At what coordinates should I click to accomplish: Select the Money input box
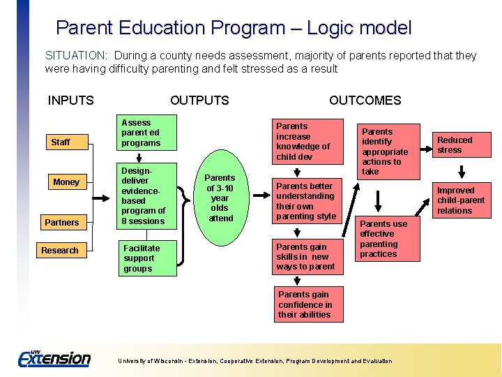pos(66,182)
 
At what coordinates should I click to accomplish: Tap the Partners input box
pos(62,222)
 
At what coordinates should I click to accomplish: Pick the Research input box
pos(60,250)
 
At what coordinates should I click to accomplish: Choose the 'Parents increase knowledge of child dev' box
pos(307,142)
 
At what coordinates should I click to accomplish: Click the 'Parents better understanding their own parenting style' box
pos(307,201)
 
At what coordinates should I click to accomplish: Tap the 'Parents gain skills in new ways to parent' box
pos(307,256)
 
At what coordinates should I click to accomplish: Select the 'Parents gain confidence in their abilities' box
pos(307,304)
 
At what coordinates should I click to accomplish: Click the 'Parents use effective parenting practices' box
pos(388,239)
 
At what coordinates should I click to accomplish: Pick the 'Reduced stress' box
pos(459,145)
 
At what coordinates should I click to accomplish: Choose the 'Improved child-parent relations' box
pos(459,200)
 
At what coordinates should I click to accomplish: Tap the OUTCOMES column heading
pos(365,101)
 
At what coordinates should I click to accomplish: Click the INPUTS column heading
pos(70,101)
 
